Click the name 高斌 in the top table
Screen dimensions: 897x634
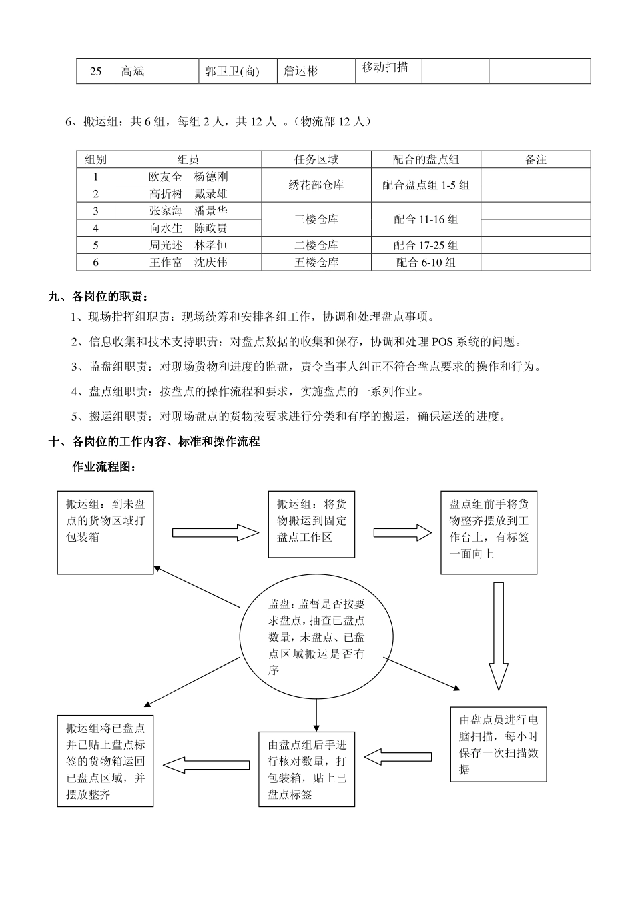click(x=133, y=71)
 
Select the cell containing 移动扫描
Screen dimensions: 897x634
click(x=385, y=67)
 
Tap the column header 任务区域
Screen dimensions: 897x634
click(x=316, y=159)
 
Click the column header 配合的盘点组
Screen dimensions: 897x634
click(x=426, y=159)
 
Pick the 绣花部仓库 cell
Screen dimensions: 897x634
click(x=316, y=185)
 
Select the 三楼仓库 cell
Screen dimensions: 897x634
click(x=316, y=219)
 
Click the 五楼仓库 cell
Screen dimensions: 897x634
click(x=316, y=263)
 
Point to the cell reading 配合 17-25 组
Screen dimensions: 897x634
click(x=426, y=245)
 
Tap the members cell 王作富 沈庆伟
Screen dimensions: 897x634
click(x=188, y=263)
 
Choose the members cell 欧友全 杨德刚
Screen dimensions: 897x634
click(x=188, y=177)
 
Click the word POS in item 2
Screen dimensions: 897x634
click(x=442, y=342)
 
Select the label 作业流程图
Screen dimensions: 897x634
click(x=104, y=467)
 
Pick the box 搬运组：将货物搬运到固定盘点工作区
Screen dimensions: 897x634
click(x=312, y=524)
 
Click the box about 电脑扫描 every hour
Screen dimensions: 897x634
click(x=499, y=744)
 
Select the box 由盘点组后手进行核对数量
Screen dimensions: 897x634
click(x=307, y=769)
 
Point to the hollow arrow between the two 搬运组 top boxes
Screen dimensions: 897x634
click(x=215, y=532)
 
